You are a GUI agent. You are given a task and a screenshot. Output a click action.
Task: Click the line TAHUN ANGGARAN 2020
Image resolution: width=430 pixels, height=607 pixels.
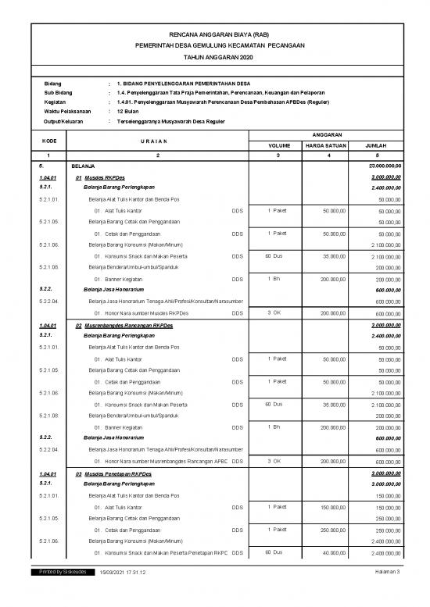214,58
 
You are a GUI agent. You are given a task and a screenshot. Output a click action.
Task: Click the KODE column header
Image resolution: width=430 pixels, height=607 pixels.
50,140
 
